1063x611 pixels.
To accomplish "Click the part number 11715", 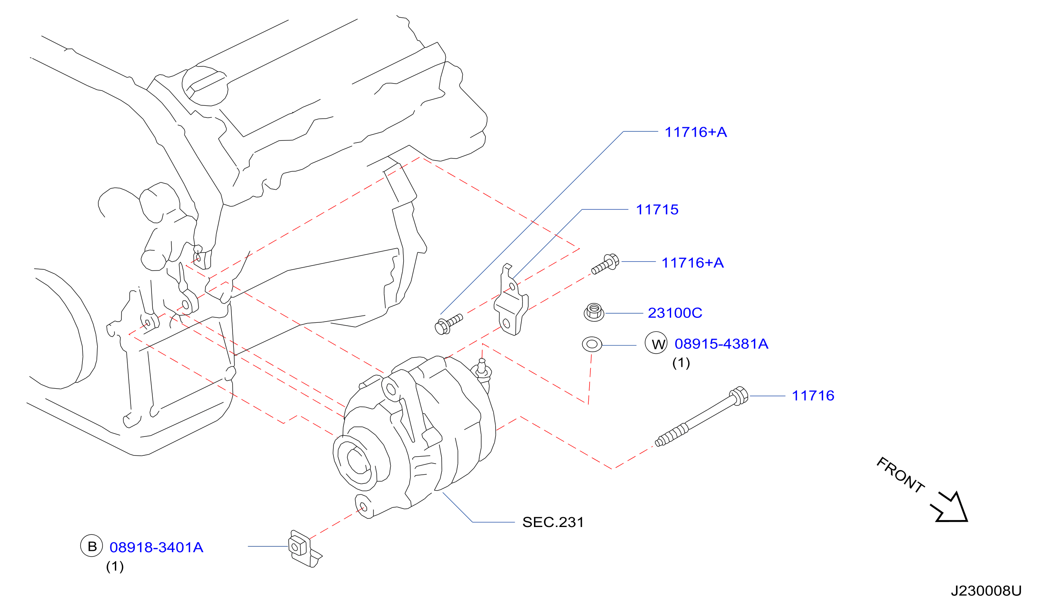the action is (x=657, y=210).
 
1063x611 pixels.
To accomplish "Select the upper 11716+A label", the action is (x=695, y=132).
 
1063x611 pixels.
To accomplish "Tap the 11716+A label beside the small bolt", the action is (x=692, y=263).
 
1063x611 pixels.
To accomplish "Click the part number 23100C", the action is (x=675, y=312).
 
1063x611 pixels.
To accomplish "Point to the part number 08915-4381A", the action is (x=721, y=344).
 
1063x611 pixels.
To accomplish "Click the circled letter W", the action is (x=656, y=343).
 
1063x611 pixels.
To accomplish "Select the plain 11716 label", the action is (x=813, y=395).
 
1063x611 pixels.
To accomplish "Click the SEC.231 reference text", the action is (x=553, y=522).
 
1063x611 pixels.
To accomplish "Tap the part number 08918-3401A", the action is (x=156, y=547).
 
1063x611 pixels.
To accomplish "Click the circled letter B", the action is (x=91, y=546).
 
